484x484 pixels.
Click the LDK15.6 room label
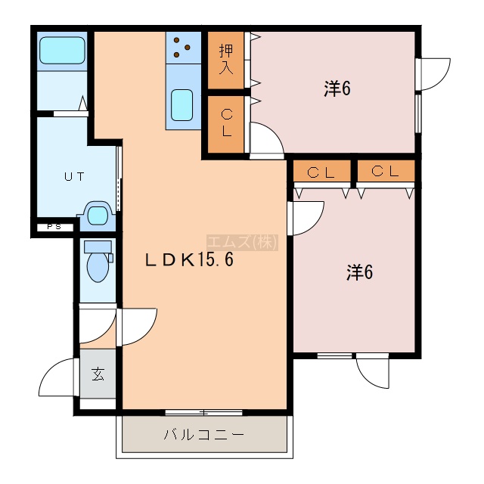point(189,260)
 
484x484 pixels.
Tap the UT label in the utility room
point(74,177)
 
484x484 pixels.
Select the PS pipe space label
point(54,227)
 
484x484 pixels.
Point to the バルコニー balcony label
point(204,435)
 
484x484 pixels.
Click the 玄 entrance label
point(98,374)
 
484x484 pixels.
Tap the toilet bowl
point(98,266)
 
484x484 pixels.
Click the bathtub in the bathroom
point(62,51)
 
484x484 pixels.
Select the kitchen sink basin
point(182,105)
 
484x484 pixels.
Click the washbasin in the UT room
point(98,215)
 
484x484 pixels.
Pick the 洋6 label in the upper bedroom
point(337,88)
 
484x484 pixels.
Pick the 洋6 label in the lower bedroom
point(359,272)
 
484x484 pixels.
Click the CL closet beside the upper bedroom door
point(226,124)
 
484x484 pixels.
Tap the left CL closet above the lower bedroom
point(321,172)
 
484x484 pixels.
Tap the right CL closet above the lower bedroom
point(386,172)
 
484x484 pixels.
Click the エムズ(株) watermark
point(242,242)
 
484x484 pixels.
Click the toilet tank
point(98,247)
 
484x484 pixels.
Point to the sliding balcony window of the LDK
point(203,412)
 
